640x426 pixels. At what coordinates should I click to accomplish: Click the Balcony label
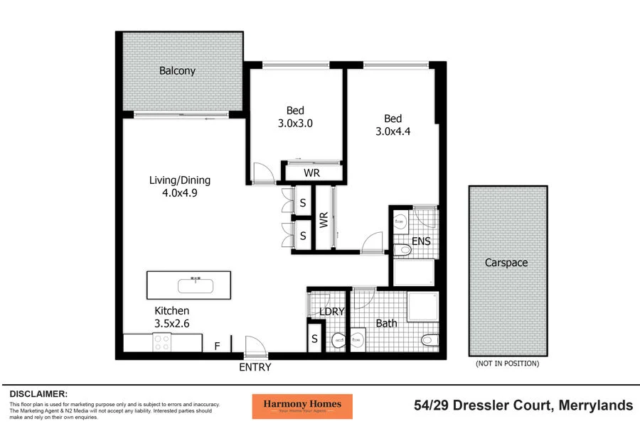click(x=177, y=71)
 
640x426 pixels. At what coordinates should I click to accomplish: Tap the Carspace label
click(x=506, y=263)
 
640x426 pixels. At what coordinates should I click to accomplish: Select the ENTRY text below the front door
click(x=255, y=368)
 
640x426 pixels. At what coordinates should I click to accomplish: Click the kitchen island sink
click(x=195, y=285)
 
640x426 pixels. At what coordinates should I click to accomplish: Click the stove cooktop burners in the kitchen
click(x=162, y=342)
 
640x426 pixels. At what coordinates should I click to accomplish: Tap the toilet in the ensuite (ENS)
click(x=402, y=250)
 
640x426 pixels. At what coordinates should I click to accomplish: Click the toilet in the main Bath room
click(x=430, y=340)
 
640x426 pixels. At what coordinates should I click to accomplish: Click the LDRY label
click(x=332, y=312)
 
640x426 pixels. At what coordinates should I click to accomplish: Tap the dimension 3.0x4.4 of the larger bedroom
click(x=393, y=131)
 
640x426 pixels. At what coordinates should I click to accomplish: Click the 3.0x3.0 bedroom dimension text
click(x=295, y=123)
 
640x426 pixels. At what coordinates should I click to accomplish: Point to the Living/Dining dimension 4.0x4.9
click(x=179, y=192)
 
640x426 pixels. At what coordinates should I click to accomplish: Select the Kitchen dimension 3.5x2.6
click(x=172, y=323)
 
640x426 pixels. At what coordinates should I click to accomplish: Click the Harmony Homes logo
click(x=302, y=406)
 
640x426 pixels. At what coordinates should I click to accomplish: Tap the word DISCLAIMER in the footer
click(x=39, y=393)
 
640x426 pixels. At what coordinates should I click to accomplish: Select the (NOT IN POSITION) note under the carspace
click(x=507, y=364)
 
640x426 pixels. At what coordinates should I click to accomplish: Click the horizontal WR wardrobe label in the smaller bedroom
click(x=311, y=173)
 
